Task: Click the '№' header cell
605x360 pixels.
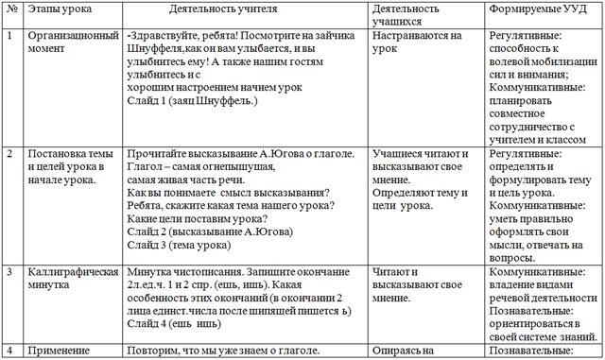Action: [10, 9]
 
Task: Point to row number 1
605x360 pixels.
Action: [9, 35]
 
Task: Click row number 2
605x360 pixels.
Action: [9, 152]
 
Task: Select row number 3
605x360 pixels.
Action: [9, 270]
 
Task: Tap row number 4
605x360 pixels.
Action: [9, 351]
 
